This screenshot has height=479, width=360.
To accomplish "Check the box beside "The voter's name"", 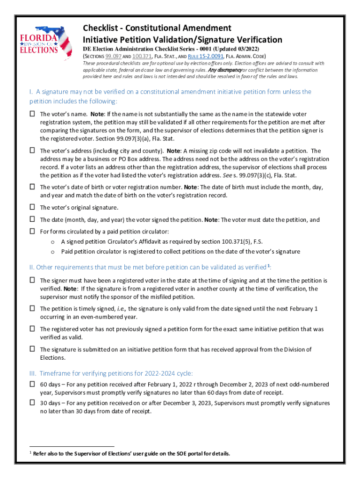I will (32, 114).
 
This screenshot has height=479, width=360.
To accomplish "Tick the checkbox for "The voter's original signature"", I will (32, 207).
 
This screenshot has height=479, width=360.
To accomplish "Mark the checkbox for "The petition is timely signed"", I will (32, 309).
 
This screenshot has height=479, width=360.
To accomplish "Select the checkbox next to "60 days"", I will (32, 384).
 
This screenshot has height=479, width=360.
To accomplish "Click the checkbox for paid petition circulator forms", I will (32, 231).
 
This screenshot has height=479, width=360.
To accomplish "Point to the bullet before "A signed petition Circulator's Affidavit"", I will (53, 242).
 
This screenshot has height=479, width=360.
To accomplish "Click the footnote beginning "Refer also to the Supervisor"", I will (131, 454).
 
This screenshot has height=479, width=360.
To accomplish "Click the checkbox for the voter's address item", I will (32, 151).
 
